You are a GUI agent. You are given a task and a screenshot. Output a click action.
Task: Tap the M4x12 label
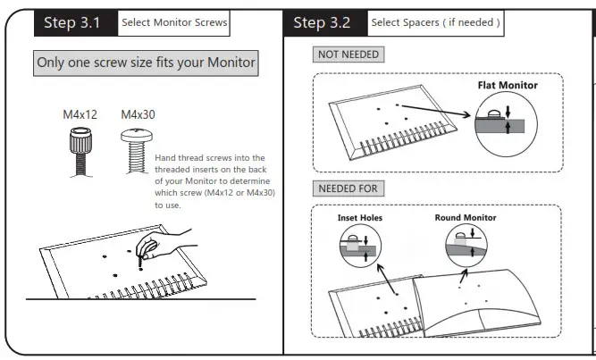click(x=80, y=116)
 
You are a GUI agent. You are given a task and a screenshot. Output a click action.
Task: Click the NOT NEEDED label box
click(x=348, y=55)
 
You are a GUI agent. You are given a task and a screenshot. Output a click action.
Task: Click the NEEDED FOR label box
click(x=348, y=188)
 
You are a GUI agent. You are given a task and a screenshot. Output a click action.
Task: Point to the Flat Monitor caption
click(x=507, y=86)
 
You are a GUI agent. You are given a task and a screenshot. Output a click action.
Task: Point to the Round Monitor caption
click(x=466, y=217)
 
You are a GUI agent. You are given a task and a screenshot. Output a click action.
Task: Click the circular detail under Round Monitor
click(x=465, y=246)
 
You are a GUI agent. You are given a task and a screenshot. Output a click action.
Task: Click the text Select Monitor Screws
click(x=173, y=22)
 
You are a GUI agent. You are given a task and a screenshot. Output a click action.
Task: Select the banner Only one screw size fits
click(x=146, y=63)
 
